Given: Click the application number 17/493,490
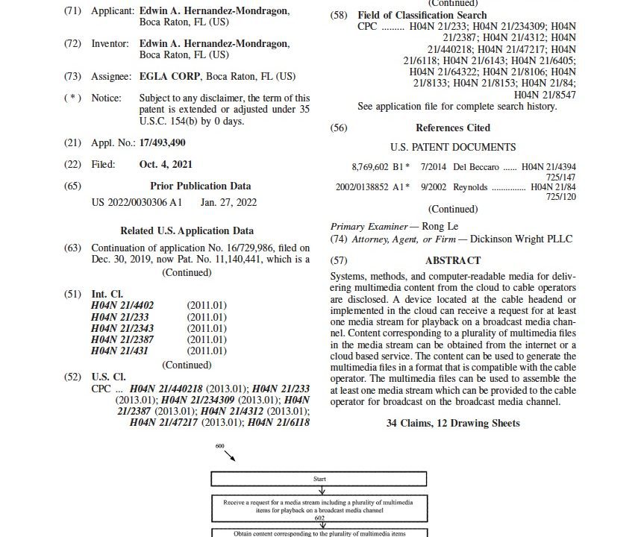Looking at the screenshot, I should coord(162,142).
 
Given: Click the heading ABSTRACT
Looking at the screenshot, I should coord(452,261).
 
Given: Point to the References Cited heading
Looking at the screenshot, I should coord(452,128).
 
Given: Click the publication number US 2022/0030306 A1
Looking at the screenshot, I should coord(137,202).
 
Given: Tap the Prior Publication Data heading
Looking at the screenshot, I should coord(200,186).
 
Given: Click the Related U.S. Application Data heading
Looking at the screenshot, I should coord(187,231).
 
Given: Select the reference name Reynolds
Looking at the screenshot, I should coord(469,187).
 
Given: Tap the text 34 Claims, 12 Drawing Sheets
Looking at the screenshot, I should coord(453,424).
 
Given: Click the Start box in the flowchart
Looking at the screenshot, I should coord(321,478).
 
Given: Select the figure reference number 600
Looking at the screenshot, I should coord(219,446).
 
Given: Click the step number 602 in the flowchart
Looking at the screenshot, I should coord(321,515).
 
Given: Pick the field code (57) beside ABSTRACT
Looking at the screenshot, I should coord(339,261).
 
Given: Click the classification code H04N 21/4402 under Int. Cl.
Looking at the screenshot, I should coord(122,306).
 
